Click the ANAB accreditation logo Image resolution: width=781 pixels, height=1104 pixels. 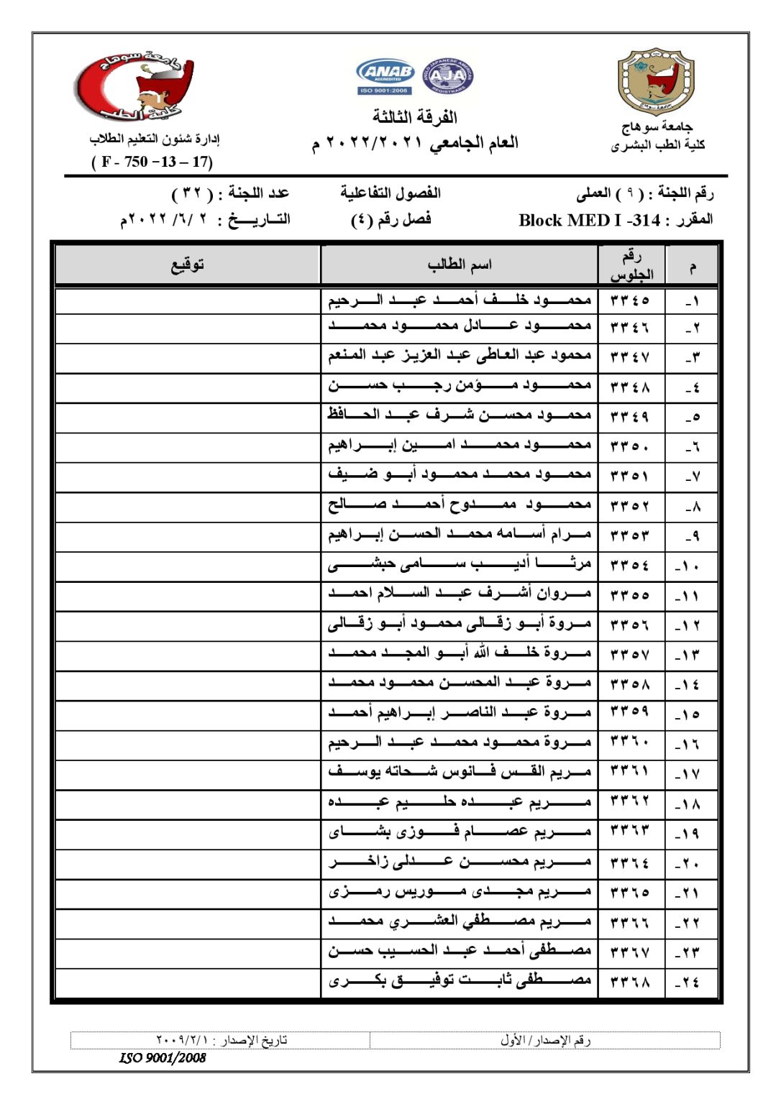[385, 75]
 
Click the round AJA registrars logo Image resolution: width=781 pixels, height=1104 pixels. [447, 75]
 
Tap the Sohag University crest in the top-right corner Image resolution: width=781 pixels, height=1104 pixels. [655, 83]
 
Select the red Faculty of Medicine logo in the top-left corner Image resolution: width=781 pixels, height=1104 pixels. [135, 86]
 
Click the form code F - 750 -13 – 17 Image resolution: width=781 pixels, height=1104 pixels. [152, 162]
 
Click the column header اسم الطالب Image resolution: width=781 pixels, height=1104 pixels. [460, 265]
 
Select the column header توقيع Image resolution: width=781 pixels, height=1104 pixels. [188, 265]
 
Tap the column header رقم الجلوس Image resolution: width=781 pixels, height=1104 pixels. [631, 265]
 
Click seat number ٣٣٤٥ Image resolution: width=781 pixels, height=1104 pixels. [630, 300]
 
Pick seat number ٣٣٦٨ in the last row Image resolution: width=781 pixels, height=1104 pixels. [630, 982]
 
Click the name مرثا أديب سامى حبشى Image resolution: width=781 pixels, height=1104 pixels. [460, 566]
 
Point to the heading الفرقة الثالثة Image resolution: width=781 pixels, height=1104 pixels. [415, 116]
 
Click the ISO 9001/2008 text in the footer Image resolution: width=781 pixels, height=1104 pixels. [163, 1057]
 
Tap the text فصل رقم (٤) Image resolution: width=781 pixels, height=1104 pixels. [391, 219]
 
